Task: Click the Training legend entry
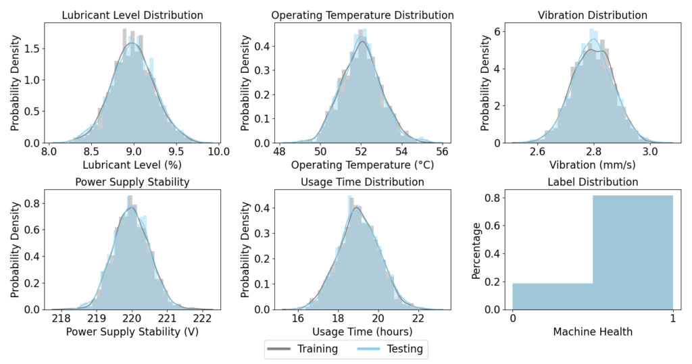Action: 298,348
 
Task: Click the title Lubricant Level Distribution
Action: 132,15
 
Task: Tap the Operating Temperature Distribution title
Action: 362,15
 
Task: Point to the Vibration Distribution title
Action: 592,15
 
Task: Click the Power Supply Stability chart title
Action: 132,182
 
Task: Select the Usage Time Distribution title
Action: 362,182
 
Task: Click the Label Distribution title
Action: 592,182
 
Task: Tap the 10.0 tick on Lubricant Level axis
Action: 218,151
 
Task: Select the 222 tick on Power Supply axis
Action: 203,317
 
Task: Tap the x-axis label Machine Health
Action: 592,332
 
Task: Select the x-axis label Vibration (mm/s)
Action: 592,165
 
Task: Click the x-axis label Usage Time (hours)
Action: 362,332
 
